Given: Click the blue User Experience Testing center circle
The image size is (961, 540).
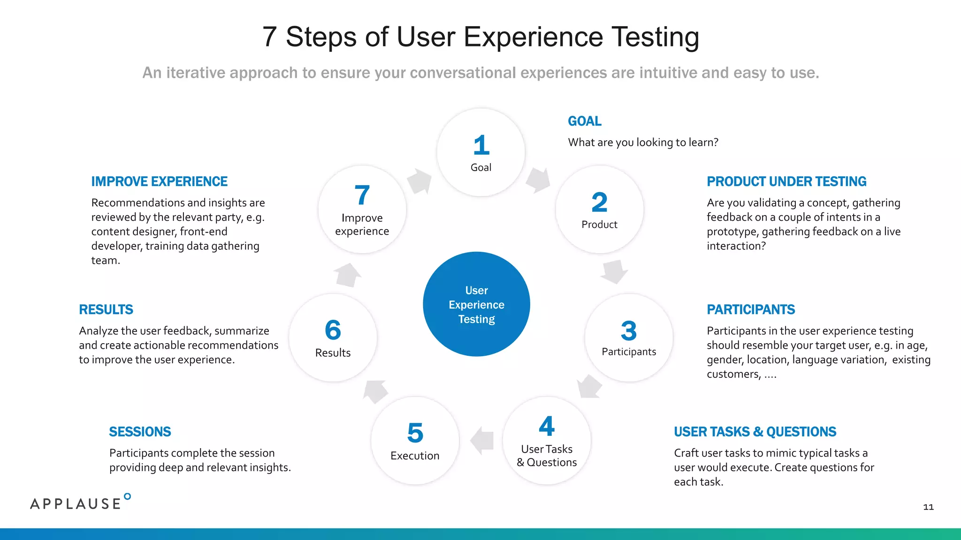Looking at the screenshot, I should click(476, 304).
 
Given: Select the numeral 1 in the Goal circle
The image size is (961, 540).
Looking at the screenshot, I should click(481, 145).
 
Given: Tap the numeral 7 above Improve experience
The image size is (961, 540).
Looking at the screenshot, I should click(362, 195).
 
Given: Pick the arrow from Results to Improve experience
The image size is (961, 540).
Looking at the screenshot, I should click(347, 275).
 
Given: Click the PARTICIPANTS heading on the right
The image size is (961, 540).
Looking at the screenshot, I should click(750, 309).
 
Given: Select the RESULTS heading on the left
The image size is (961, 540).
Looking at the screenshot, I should click(106, 309).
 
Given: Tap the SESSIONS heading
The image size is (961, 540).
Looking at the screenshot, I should click(140, 432).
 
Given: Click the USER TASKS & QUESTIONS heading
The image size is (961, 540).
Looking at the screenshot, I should click(755, 432).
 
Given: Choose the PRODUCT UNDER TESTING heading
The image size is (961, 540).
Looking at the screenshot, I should click(786, 181).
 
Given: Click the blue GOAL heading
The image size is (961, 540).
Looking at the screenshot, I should click(584, 121).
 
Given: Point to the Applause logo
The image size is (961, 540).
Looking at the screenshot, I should click(80, 502).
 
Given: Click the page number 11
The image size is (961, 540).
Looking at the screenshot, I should click(928, 507).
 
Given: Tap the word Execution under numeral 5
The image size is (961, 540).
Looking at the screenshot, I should click(415, 456).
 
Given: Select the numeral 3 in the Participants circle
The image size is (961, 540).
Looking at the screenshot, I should click(629, 330).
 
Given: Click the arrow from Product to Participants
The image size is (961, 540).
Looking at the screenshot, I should click(614, 271).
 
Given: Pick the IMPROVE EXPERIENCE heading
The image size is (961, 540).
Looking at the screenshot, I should click(159, 181).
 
